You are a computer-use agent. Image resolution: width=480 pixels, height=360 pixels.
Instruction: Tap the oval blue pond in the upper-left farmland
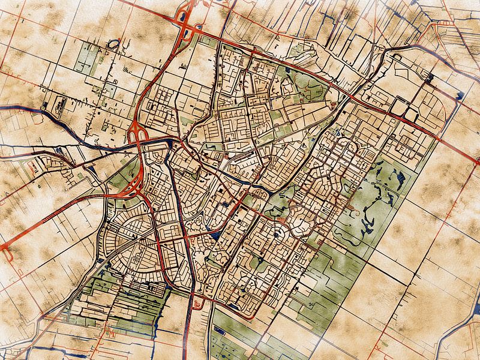(x=113, y=44)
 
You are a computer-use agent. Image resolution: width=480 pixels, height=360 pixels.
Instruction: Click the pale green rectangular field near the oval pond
(x=88, y=57)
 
